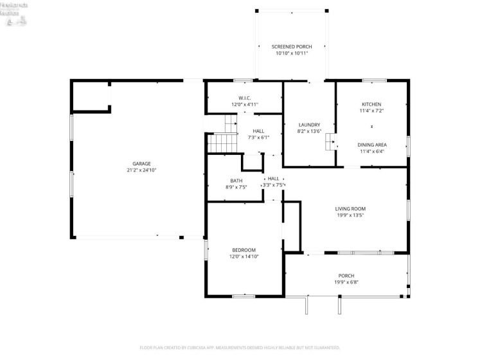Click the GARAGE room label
point(141,163)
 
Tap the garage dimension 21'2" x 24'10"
point(141,170)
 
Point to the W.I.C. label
point(244,98)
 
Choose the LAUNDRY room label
point(309,125)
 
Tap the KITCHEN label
point(371,104)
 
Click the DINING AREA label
point(371,145)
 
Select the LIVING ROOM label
point(350,208)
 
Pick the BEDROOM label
point(244,249)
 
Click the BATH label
point(236,181)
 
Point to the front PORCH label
point(346,275)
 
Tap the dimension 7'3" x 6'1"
point(258,138)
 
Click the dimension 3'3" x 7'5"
point(273,185)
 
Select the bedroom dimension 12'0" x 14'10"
point(244,256)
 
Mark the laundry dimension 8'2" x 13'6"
point(309,132)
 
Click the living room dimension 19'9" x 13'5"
point(350,215)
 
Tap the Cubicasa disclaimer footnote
point(240,348)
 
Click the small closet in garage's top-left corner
point(89,96)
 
